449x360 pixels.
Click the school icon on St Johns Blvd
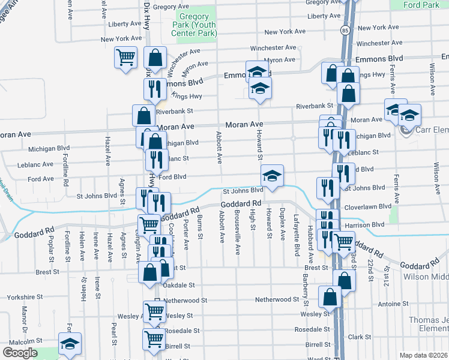(x=272, y=176)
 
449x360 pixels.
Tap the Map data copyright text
(x=424, y=355)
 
